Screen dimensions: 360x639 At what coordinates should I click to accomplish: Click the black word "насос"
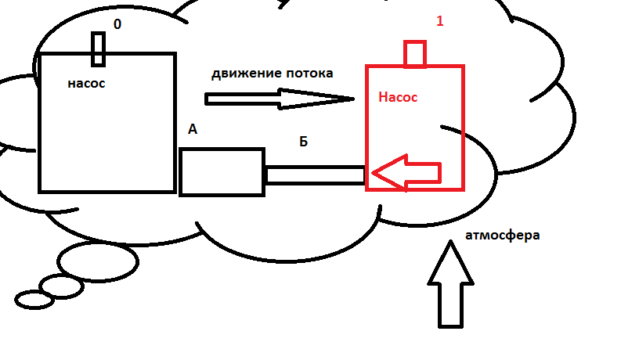pos(86,83)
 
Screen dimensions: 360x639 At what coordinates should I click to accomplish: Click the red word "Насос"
pos(398,98)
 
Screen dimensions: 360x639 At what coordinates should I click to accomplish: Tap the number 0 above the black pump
pos(117,24)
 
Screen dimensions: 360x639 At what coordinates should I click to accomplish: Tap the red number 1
pos(439,21)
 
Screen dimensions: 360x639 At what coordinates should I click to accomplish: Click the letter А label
pos(193,130)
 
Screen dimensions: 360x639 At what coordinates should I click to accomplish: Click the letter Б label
pos(304,142)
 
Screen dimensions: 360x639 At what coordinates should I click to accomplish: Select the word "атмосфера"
pos(502,235)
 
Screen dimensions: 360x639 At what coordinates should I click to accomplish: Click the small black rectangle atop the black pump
pos(98,49)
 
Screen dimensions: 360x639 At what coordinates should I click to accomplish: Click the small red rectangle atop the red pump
pos(415,54)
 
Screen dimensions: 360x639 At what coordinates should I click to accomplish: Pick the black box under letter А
pos(222,172)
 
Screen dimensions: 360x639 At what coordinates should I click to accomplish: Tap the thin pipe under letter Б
pos(316,174)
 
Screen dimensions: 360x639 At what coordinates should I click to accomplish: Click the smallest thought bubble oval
pos(34,299)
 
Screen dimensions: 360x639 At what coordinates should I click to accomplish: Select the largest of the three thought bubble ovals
pos(99,261)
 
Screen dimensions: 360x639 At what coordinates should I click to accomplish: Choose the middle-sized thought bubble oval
pos(61,286)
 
